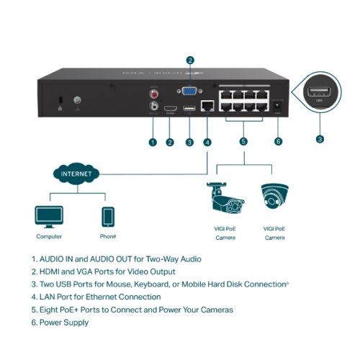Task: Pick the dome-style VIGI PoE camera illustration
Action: (x=274, y=198)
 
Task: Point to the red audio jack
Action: (x=153, y=93)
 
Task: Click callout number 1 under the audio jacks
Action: (x=153, y=142)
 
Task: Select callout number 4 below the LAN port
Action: (x=207, y=142)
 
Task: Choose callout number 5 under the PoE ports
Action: (x=243, y=142)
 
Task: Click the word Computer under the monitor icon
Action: (x=49, y=236)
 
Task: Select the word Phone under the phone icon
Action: (x=107, y=236)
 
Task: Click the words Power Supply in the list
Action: (x=65, y=323)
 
